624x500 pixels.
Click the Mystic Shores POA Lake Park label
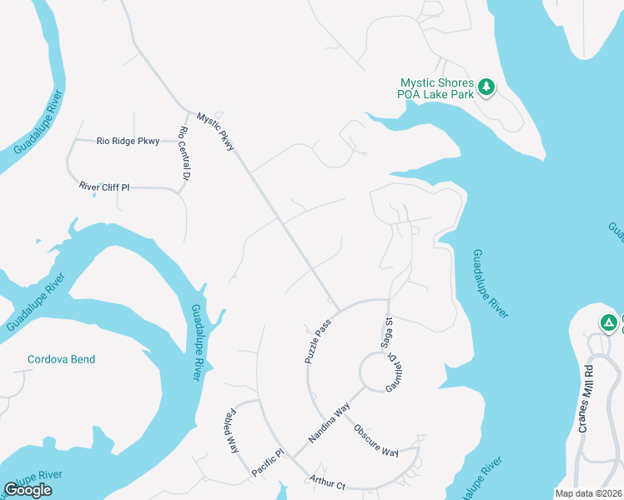(436, 88)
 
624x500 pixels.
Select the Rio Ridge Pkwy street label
(128, 142)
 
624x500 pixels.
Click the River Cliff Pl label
(104, 187)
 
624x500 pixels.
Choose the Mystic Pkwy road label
(216, 132)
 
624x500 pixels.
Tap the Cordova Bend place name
(61, 360)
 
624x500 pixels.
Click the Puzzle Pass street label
(318, 340)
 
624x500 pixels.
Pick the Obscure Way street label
(376, 441)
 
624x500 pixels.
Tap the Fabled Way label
(230, 430)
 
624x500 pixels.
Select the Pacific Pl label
(268, 465)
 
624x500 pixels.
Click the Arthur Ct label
(327, 481)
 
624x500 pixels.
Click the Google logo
(28, 490)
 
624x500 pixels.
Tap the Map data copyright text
(588, 493)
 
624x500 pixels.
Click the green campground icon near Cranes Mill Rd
(609, 322)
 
